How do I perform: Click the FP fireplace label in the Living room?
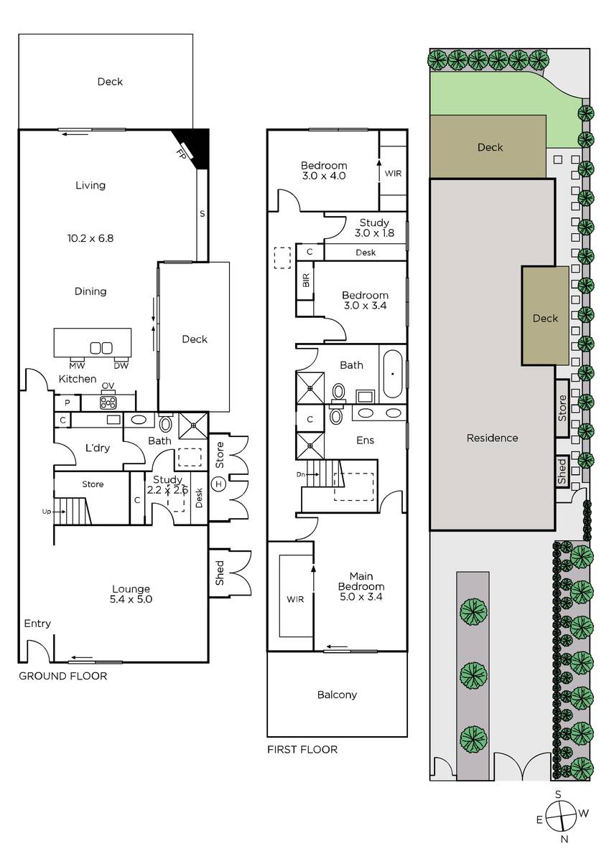click(x=181, y=154)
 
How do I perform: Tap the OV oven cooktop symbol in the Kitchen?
click(x=108, y=402)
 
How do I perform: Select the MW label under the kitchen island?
click(x=77, y=365)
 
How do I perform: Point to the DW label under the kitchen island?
click(x=121, y=365)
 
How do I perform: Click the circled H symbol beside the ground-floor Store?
click(x=218, y=484)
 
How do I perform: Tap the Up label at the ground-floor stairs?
click(x=46, y=512)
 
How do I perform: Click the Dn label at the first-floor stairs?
click(x=300, y=475)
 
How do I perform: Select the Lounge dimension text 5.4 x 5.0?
click(x=131, y=599)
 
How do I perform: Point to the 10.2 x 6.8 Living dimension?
click(x=90, y=238)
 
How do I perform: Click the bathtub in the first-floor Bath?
click(x=393, y=373)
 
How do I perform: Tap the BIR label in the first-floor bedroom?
click(x=306, y=281)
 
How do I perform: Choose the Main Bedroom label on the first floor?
click(x=361, y=581)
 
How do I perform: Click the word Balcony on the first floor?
click(x=337, y=695)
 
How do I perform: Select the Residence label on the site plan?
click(x=492, y=438)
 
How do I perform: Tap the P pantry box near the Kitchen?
click(x=68, y=403)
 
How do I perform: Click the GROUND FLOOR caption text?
click(x=63, y=676)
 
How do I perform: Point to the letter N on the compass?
click(x=564, y=850)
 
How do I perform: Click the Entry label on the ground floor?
click(x=37, y=624)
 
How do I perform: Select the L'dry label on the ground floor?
click(x=98, y=448)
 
